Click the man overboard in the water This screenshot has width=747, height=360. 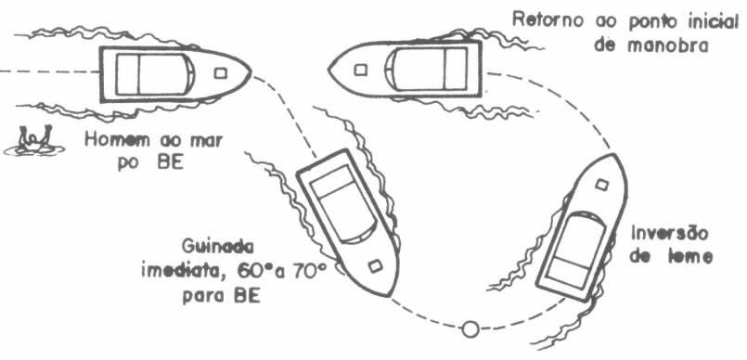tap(34, 141)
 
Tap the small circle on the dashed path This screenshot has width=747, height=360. tap(470, 329)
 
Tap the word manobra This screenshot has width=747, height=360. tap(668, 46)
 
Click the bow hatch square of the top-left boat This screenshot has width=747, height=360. tap(220, 73)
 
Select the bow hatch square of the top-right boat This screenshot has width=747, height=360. tap(361, 70)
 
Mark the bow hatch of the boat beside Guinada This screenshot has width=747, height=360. tap(376, 265)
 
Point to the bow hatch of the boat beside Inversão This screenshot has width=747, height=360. tap(602, 185)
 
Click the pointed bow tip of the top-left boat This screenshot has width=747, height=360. tap(251, 73)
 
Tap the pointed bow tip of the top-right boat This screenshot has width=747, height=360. tap(328, 70)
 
